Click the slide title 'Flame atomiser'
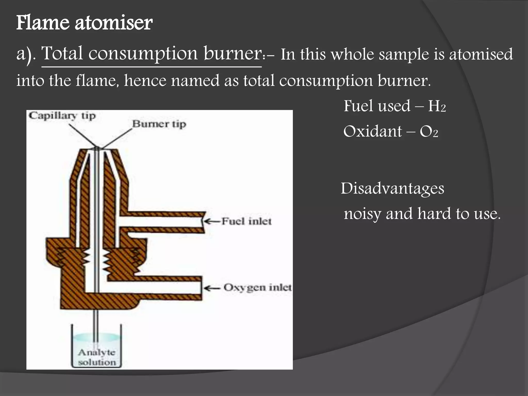[x=84, y=23]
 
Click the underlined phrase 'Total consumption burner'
[x=152, y=54]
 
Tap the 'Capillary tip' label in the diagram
[x=62, y=116]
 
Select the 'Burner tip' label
[x=159, y=124]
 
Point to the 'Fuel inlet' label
[x=246, y=221]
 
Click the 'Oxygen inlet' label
[x=257, y=287]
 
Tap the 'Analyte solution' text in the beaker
[x=97, y=357]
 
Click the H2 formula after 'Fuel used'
[x=437, y=106]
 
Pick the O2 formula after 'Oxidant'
[x=429, y=132]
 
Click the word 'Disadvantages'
[x=392, y=188]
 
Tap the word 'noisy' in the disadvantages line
[x=362, y=214]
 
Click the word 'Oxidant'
[x=373, y=131]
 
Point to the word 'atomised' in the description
[x=481, y=55]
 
